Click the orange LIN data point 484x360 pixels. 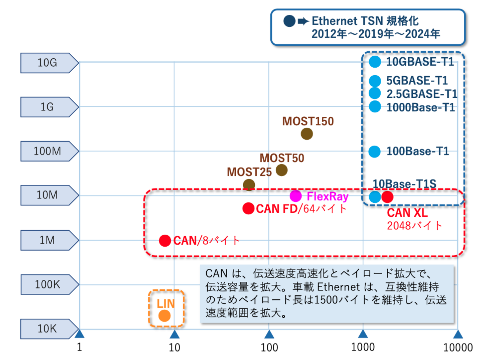pos(164,316)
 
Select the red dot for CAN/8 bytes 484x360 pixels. pos(165,241)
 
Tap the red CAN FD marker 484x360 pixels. pos(248,209)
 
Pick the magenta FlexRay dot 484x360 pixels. pos(296,196)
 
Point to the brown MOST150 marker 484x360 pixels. pos(307,134)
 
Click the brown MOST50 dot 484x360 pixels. pos(282,170)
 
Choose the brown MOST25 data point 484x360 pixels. pos(249,185)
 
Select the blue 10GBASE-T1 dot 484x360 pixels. pos(375,62)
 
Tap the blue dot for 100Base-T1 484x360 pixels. pos(375,151)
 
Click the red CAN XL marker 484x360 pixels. pos(387,197)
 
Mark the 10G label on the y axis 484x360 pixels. pos(47,63)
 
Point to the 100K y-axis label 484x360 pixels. pos(47,284)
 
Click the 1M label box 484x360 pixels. pos(47,240)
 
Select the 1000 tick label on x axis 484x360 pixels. pos(363,347)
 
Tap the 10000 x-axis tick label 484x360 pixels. pos(458,347)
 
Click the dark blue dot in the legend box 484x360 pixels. pos(289,21)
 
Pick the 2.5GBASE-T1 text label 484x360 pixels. pos(421,94)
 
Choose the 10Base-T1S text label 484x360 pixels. pos(404,184)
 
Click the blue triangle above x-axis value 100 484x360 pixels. pos(269,334)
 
